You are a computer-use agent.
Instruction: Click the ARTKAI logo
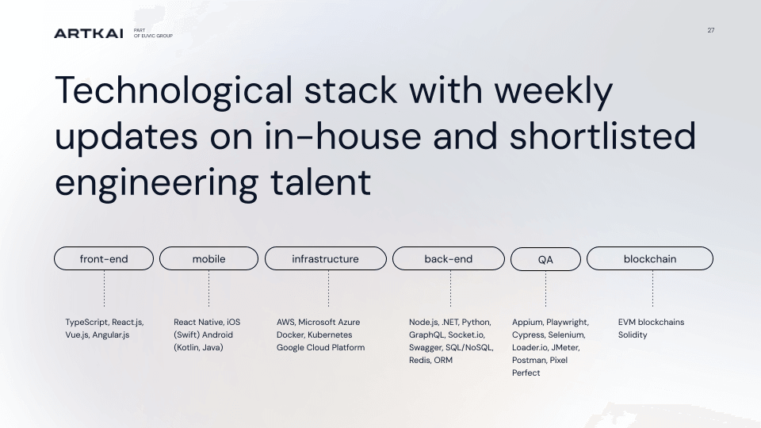point(88,33)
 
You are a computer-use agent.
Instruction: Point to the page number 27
point(710,30)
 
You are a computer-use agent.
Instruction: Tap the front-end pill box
point(104,258)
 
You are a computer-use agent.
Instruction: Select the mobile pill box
point(208,258)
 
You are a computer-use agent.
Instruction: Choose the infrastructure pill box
point(326,258)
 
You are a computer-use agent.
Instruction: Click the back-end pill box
point(449,258)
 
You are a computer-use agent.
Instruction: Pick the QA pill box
point(545,259)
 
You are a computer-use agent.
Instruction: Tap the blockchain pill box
point(650,258)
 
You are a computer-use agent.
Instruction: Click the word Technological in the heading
point(174,90)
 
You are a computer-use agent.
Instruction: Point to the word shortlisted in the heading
point(602,136)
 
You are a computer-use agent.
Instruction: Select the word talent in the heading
point(320,182)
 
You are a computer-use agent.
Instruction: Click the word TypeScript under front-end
point(87,323)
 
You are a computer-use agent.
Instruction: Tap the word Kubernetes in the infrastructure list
point(330,334)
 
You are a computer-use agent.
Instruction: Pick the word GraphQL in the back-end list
point(426,334)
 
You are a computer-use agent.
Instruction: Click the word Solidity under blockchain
point(633,334)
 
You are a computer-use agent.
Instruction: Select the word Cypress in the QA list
point(528,334)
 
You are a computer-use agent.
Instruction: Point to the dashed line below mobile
point(208,289)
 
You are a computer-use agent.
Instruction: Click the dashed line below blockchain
point(652,289)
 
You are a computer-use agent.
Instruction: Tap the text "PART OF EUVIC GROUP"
point(153,33)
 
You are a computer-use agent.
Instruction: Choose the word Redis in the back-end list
point(419,360)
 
